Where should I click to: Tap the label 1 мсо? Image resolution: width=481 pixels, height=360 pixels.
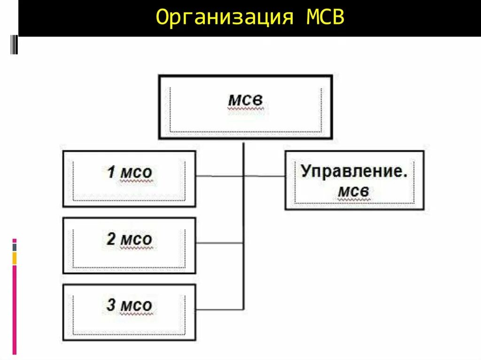tap(129, 172)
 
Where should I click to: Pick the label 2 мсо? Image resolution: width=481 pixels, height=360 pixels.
tap(129, 239)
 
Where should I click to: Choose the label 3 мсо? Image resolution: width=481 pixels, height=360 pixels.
tap(129, 306)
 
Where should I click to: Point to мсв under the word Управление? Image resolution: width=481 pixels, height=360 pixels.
tap(354, 191)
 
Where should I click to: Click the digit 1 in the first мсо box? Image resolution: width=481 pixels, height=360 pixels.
tap(111, 172)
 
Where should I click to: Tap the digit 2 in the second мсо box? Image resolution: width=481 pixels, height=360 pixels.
tap(111, 239)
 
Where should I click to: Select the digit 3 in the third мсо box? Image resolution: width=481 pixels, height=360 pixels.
tap(111, 306)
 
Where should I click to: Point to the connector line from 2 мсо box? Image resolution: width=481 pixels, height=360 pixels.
tap(219, 243)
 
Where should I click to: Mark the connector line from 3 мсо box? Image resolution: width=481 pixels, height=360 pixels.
tap(219, 309)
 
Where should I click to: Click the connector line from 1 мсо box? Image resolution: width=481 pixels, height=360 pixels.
tap(219, 176)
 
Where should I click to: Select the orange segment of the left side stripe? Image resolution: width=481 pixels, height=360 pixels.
tap(15, 258)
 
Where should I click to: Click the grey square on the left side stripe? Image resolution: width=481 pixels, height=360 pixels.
tap(15, 247)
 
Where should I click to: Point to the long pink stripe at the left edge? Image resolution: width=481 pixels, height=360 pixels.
tap(15, 310)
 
